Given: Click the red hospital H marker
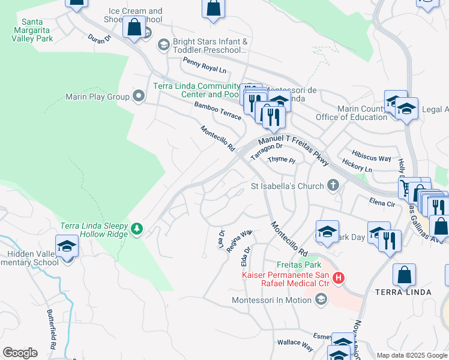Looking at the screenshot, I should (339, 278).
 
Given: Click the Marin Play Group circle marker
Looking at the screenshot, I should (139, 96).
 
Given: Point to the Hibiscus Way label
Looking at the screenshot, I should (372, 158).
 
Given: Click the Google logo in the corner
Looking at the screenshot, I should (20, 352).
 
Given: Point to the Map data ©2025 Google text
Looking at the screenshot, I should (412, 355).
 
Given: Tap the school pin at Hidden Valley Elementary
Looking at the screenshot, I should (67, 246).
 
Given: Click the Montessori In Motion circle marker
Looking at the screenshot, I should (322, 299).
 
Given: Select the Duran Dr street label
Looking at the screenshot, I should (100, 38).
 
